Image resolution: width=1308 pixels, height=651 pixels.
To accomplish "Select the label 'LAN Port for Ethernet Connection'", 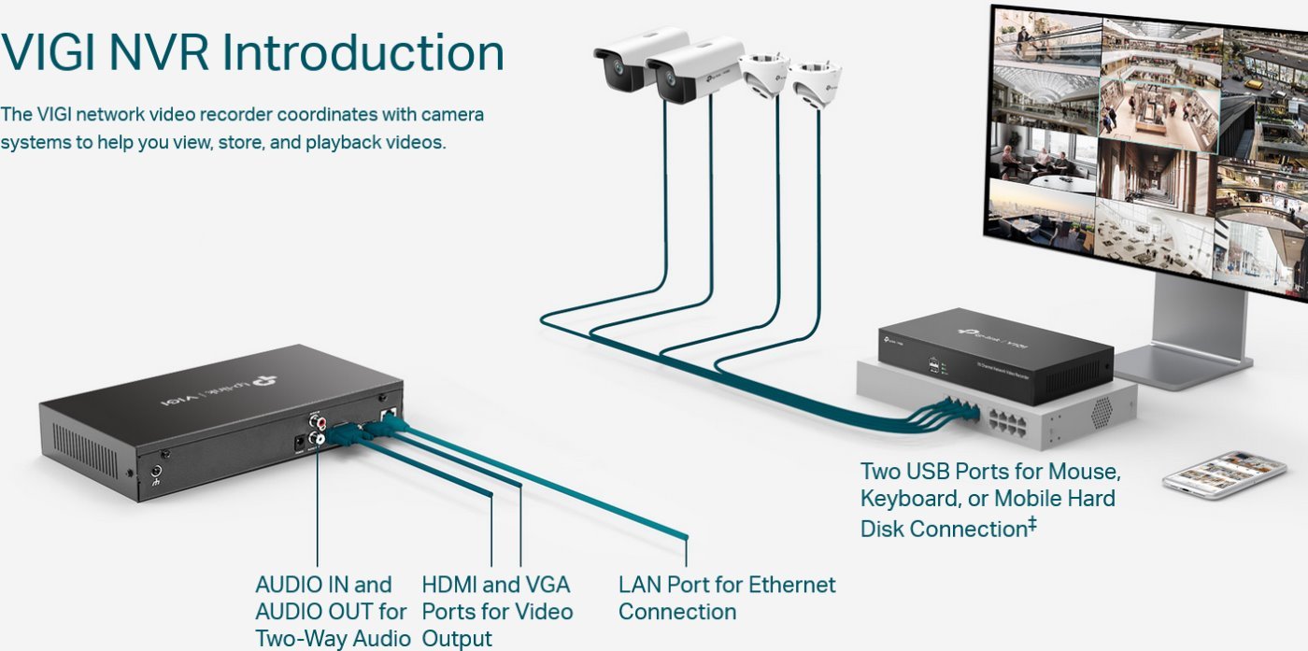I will click(x=726, y=598).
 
